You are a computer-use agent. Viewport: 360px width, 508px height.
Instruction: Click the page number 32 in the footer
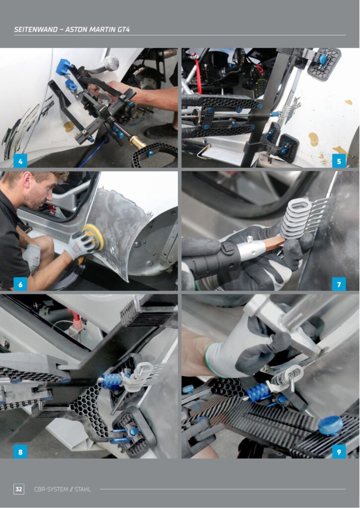point(19,489)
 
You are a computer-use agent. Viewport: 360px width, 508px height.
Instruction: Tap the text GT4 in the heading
point(124,29)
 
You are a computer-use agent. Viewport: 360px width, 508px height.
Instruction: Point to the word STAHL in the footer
point(83,489)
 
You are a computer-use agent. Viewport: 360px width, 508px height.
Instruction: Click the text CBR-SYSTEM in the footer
point(51,489)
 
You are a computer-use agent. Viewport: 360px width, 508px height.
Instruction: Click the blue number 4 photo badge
point(20,161)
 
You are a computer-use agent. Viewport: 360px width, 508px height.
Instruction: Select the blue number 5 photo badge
point(339,161)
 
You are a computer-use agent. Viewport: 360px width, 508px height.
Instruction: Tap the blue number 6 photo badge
point(20,284)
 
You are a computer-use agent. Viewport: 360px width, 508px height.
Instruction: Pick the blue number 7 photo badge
point(339,284)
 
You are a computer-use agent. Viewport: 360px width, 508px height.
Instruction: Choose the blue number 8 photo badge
point(20,451)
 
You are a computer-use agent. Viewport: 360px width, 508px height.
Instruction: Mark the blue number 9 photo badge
point(339,451)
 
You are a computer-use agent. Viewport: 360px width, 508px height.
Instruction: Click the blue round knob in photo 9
point(330,425)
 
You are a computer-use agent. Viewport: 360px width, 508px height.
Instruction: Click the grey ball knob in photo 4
point(111,63)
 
